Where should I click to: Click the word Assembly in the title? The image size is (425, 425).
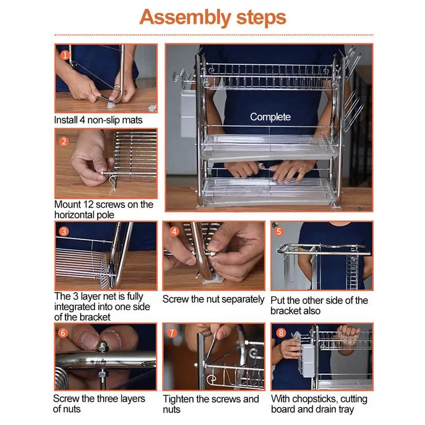pos(185,18)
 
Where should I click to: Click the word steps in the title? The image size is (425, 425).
pos(261,18)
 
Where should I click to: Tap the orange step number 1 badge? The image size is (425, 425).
pos(65,55)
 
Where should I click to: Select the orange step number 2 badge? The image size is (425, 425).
pos(64,141)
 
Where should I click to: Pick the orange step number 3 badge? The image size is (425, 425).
pos(64,232)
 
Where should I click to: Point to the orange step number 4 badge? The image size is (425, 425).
pos(174,232)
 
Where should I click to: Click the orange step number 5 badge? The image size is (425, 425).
pos(278,231)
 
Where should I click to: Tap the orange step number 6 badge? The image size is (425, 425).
pos(63,333)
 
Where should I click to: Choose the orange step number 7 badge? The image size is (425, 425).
pos(172,333)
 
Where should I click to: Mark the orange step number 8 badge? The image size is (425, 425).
pos(281,333)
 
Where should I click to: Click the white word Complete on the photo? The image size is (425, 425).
pos(270,117)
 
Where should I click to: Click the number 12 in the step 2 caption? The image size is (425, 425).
pos(88,205)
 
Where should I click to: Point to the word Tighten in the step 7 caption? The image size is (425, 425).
pos(178,399)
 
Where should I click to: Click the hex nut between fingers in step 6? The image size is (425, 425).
pos(103,347)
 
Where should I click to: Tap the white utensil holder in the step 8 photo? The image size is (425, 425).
pos(307,361)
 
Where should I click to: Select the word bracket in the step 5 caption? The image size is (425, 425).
pos(286,311)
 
